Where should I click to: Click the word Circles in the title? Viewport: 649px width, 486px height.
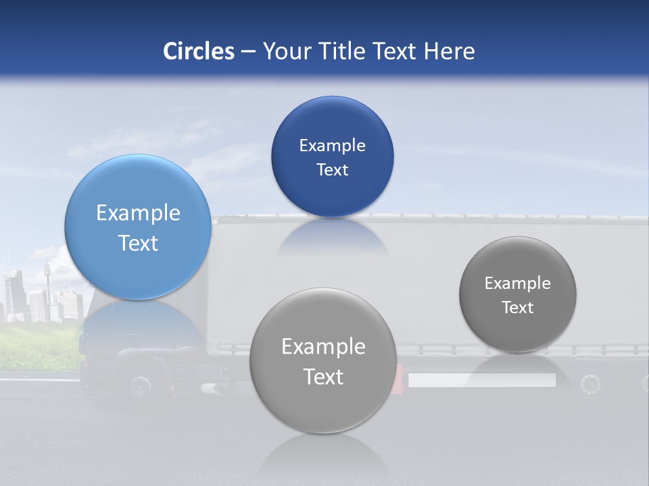[198, 51]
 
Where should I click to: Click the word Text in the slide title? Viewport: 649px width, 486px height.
[395, 51]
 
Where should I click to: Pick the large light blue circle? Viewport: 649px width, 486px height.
[138, 227]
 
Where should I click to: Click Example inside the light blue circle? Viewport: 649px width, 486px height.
[138, 213]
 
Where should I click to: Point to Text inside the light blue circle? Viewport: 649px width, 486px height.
[138, 243]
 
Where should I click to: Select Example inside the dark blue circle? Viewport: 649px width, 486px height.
[332, 146]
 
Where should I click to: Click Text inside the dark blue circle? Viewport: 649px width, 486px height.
[332, 170]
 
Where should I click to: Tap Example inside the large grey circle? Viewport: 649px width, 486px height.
[323, 347]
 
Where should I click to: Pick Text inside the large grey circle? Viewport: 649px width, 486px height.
[323, 377]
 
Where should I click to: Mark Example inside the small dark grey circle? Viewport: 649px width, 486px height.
[517, 283]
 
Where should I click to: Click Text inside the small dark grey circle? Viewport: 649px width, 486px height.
[517, 308]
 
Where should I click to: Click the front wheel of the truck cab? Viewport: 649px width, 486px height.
[141, 386]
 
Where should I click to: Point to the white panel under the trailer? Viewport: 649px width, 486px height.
[481, 381]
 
